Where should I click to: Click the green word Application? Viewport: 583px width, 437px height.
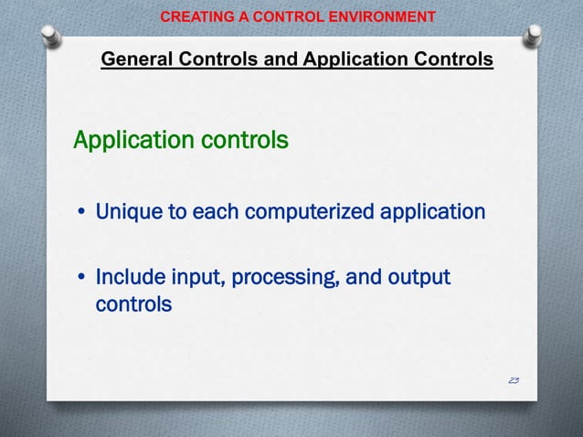[x=130, y=141]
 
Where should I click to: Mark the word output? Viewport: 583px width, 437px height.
[x=419, y=276]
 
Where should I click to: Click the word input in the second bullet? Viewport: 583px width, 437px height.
[x=191, y=276]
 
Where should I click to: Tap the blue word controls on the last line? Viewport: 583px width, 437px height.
[x=133, y=304]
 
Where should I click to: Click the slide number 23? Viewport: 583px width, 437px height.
[x=512, y=378]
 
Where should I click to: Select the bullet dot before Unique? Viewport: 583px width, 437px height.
[x=81, y=214]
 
